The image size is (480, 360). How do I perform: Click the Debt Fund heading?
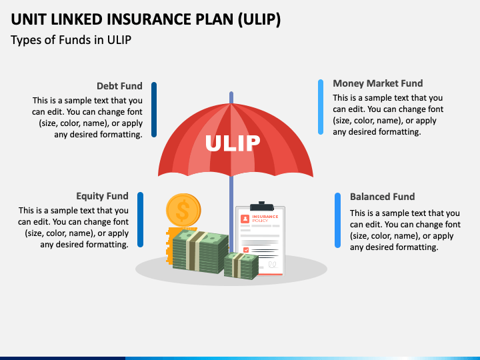tap(119, 86)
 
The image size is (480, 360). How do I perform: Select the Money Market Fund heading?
tap(377, 83)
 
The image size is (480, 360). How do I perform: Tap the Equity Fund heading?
tap(102, 196)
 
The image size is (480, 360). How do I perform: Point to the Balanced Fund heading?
tap(382, 197)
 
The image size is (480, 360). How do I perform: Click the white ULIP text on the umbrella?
tap(233, 143)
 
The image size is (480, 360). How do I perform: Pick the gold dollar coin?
tap(183, 211)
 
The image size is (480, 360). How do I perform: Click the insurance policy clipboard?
tap(261, 240)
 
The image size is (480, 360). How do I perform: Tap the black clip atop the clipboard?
tap(261, 205)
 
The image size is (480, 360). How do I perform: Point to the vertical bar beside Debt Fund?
tap(154, 109)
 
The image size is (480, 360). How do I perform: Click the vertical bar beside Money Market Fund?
tap(321, 107)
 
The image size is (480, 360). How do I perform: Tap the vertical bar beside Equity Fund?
tap(141, 220)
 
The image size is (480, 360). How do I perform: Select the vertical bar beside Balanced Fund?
tap(337, 221)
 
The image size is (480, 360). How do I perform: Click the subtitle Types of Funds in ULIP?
tap(71, 40)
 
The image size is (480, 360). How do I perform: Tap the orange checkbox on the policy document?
tap(246, 250)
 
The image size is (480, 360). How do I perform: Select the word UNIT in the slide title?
tap(32, 19)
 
